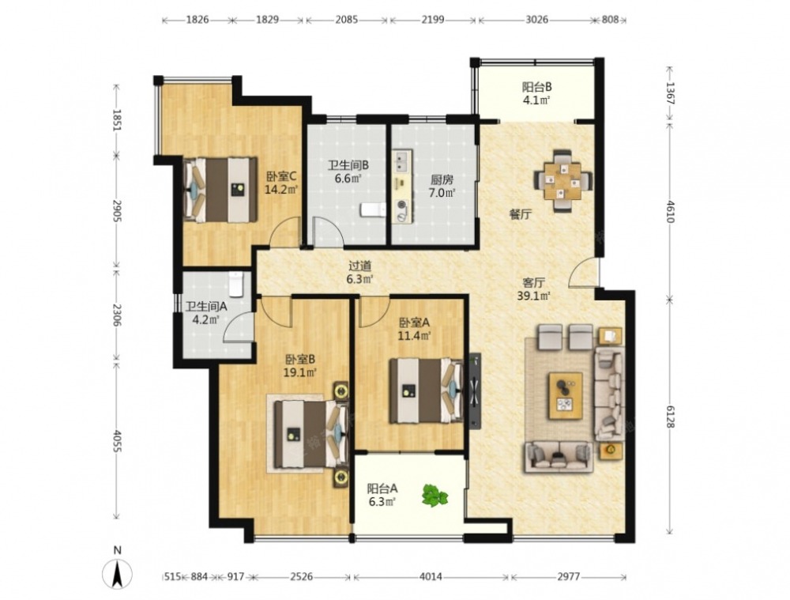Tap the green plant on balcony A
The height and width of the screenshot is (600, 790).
coord(434,495)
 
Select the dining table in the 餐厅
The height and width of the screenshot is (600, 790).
coord(562,180)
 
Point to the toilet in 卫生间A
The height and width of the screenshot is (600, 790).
coord(235,284)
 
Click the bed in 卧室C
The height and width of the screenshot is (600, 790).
coord(220,190)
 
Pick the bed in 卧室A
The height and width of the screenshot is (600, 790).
coord(426,391)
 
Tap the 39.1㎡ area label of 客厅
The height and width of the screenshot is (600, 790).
coord(533,296)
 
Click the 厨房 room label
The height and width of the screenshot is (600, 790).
coord(442,179)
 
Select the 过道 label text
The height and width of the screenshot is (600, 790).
coord(360,266)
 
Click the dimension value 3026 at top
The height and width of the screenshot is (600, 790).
coord(537,20)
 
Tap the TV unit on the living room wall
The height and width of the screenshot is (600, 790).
coord(475,391)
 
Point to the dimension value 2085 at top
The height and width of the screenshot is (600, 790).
coord(347,20)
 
